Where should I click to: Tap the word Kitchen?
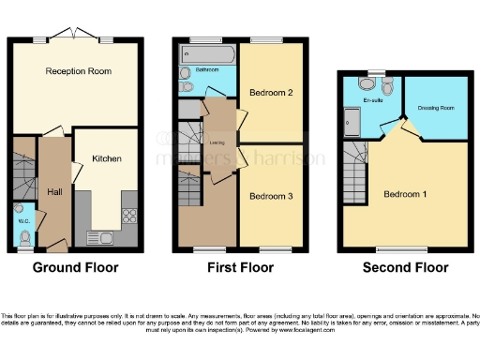point(106,159)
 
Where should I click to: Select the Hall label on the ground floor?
point(54,191)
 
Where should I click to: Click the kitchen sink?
point(97,236)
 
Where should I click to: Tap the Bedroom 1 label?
point(405,194)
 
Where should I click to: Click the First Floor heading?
point(241,268)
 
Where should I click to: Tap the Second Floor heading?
point(405,268)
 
